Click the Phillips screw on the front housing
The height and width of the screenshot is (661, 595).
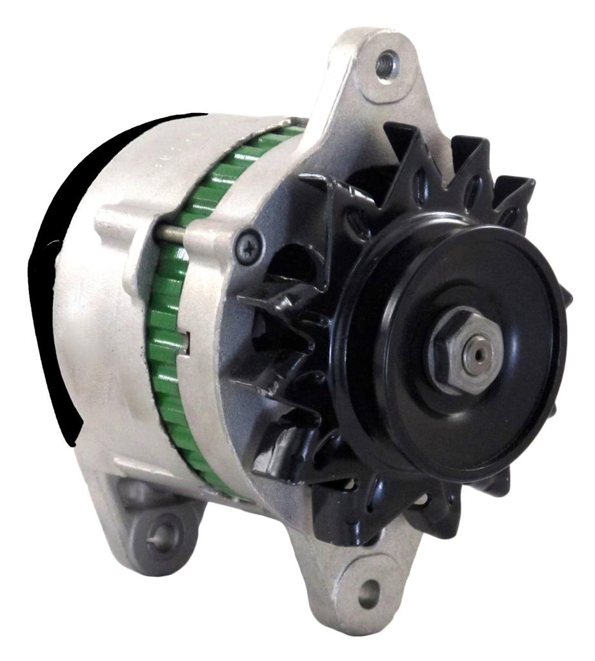coord(248,247)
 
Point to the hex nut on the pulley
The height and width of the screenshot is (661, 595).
coord(459,352)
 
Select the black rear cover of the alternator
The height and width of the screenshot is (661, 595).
coord(55,271)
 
